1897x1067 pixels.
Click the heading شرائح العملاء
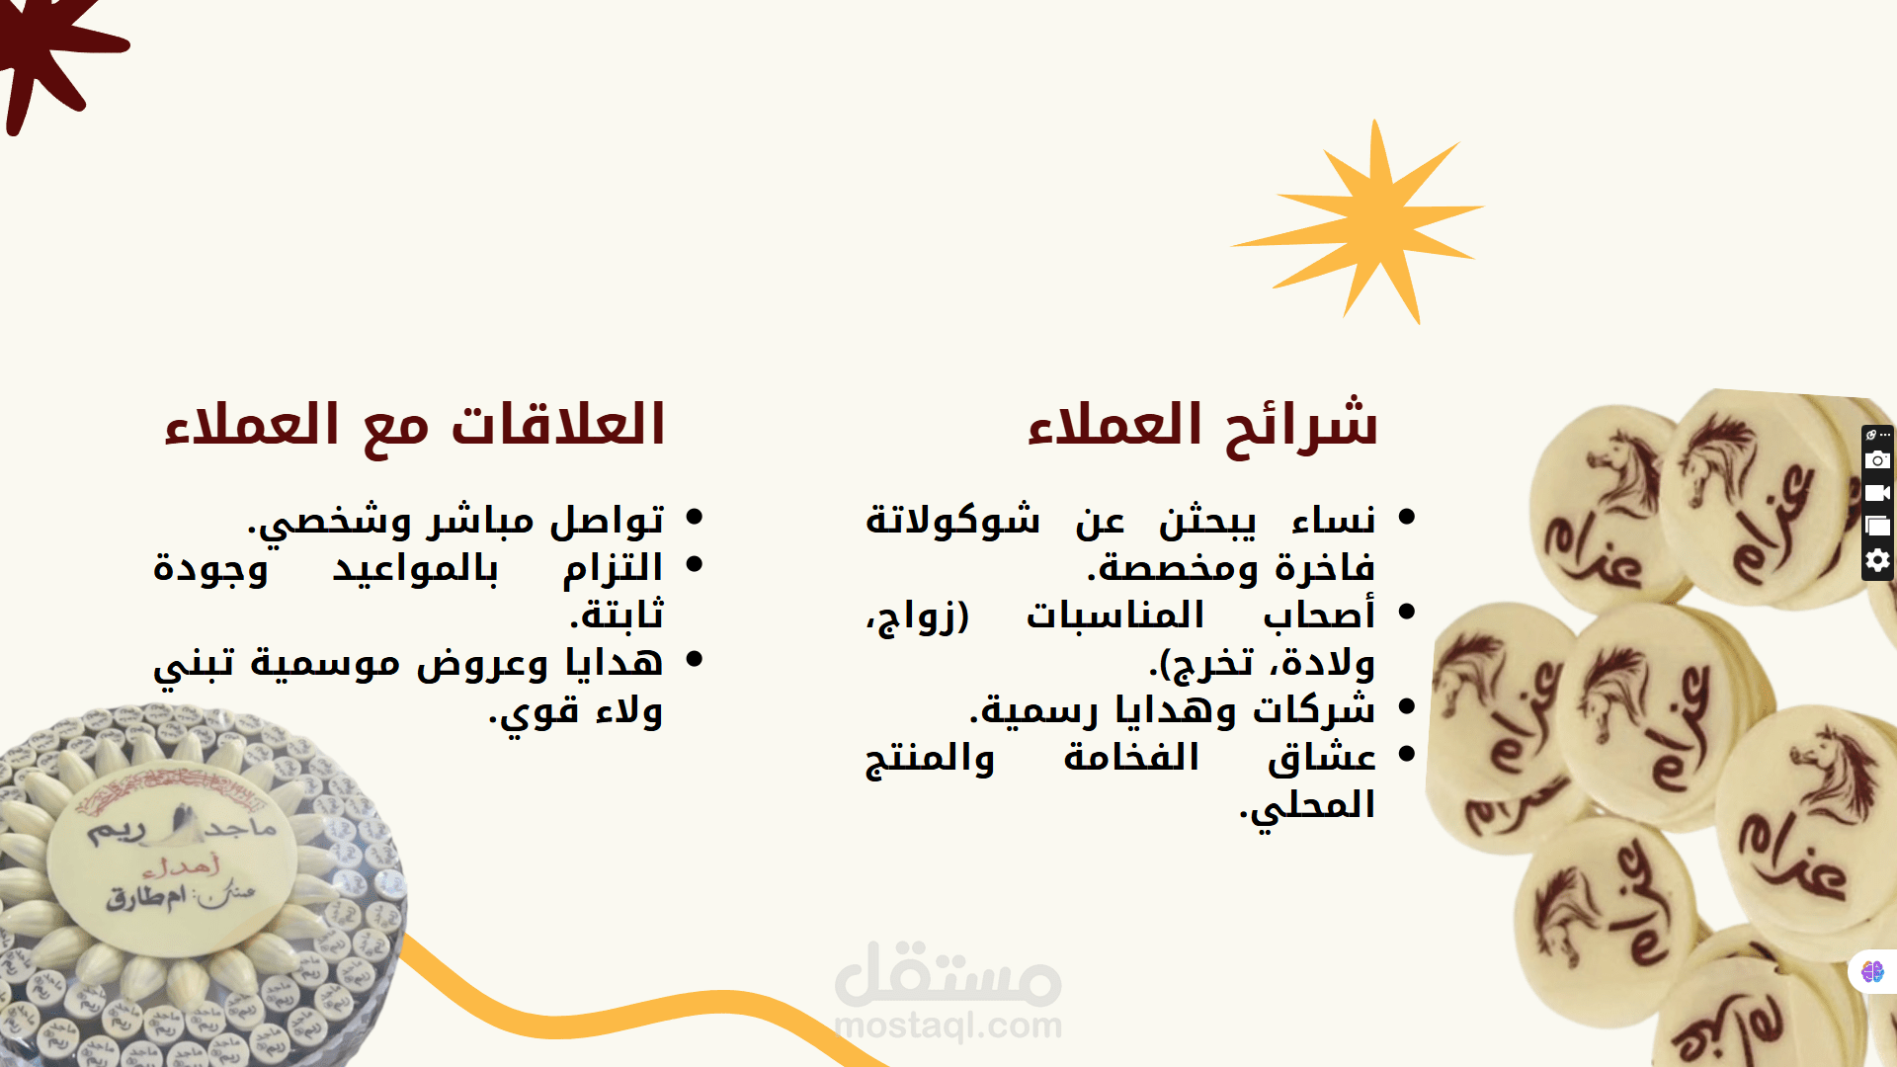click(1202, 426)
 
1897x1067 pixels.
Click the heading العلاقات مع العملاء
click(415, 426)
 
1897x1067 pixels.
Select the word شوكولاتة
click(952, 520)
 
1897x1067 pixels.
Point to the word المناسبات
click(1115, 615)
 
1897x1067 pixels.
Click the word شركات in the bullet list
click(1314, 709)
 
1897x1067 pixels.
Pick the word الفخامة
click(1131, 757)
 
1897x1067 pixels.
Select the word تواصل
click(607, 520)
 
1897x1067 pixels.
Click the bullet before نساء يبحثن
click(1407, 516)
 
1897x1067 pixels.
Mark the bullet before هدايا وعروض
click(694, 658)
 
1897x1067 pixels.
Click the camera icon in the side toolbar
click(1877, 460)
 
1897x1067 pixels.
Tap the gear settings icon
click(1877, 560)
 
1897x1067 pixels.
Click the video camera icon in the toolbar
click(1877, 493)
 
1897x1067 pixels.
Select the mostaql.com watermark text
click(948, 1026)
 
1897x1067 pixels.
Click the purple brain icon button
click(1872, 972)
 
